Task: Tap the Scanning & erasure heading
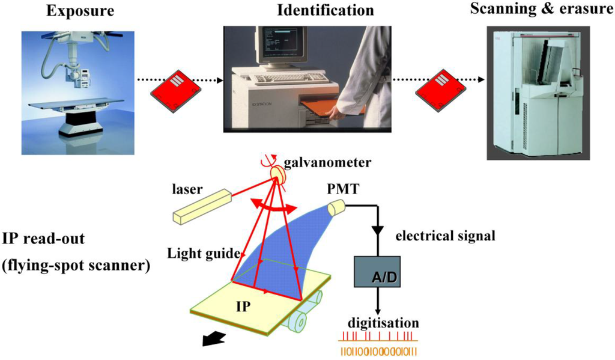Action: click(538, 10)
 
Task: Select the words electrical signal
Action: click(445, 236)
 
